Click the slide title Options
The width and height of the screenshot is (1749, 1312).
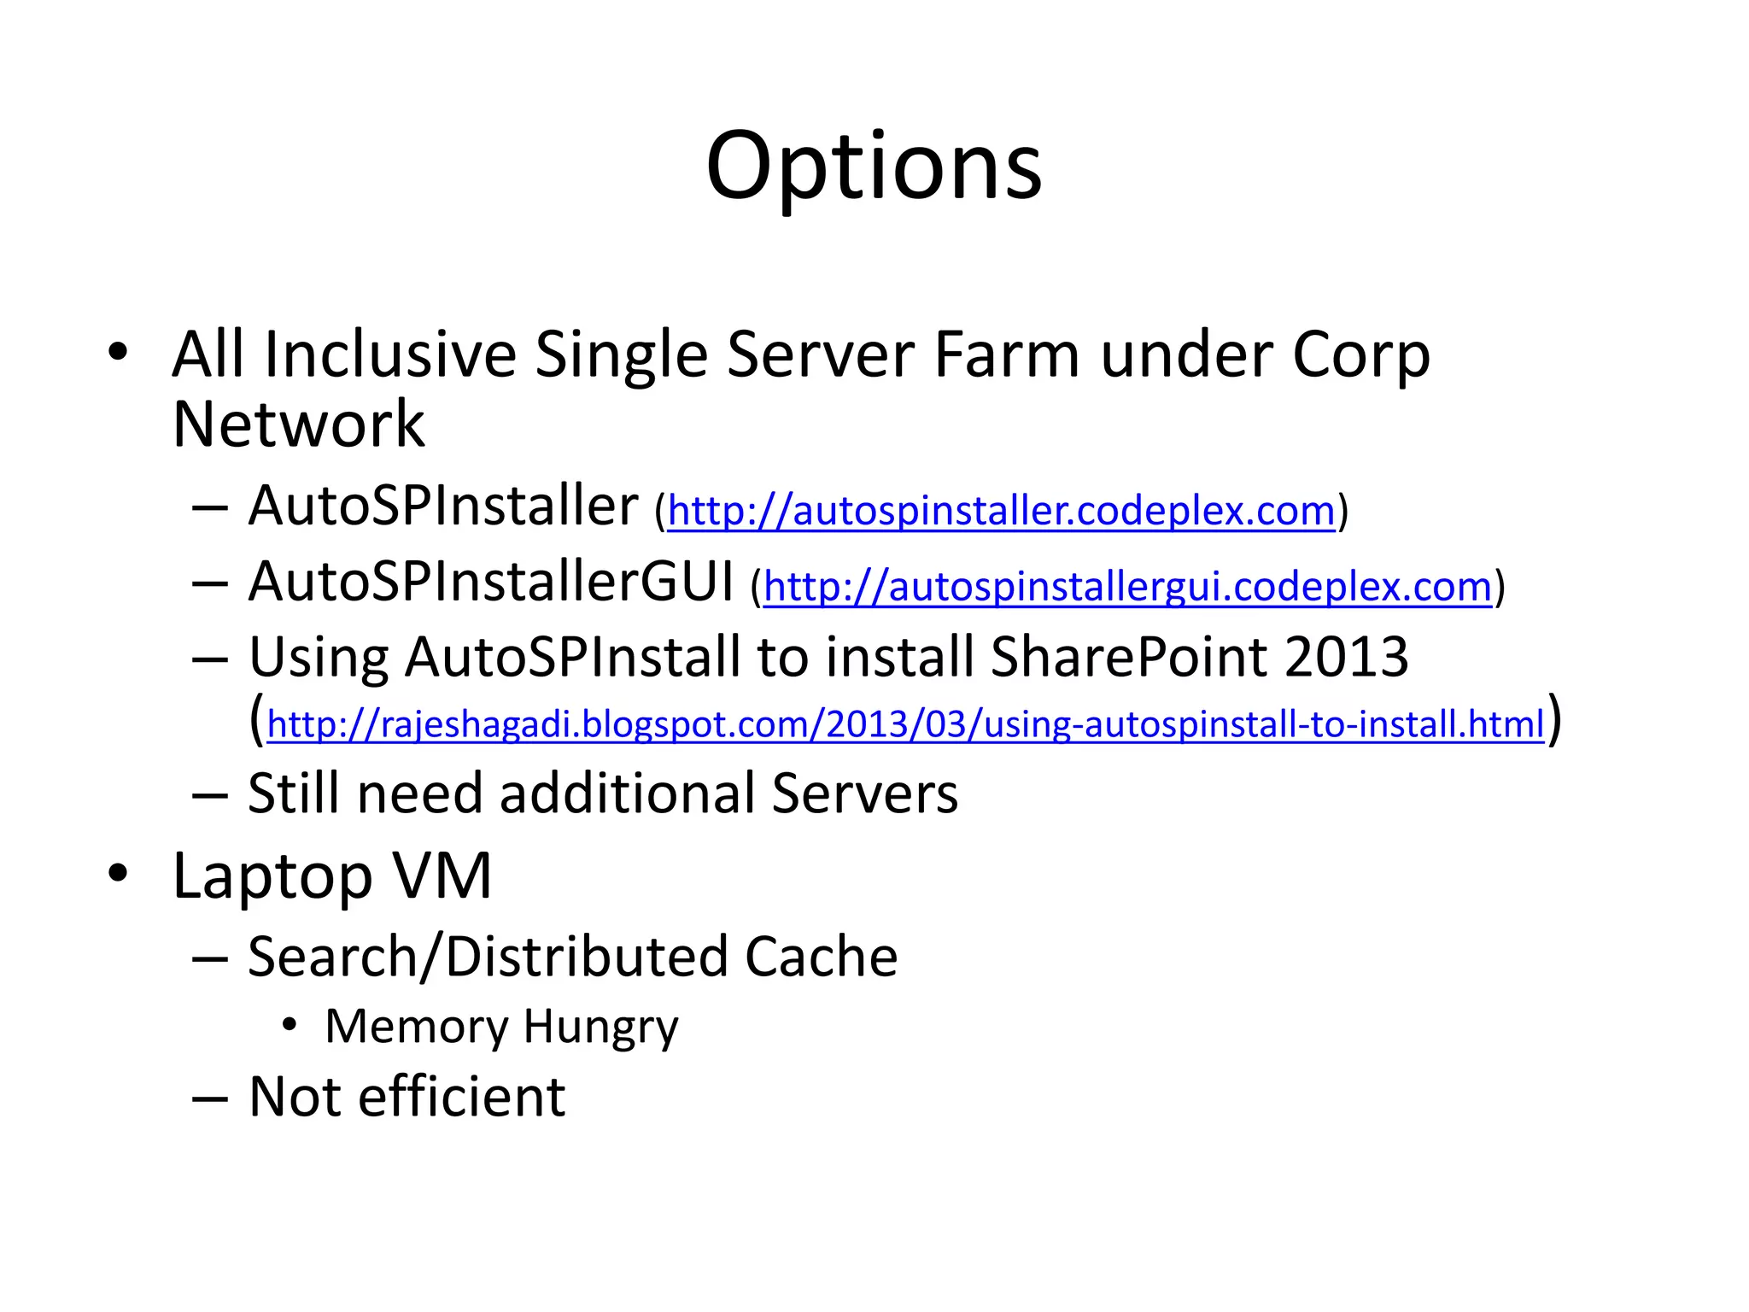click(x=874, y=167)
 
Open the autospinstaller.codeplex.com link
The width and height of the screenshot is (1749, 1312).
click(x=1001, y=512)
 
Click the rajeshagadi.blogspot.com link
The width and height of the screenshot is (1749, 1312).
click(x=905, y=724)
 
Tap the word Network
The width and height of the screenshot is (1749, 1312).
click(x=298, y=425)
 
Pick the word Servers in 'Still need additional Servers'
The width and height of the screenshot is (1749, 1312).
click(x=864, y=794)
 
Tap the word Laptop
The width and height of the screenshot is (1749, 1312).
click(x=272, y=877)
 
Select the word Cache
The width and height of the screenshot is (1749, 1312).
click(x=821, y=957)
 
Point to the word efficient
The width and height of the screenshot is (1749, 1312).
click(x=461, y=1097)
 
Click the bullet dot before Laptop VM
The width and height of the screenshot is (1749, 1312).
click(x=118, y=874)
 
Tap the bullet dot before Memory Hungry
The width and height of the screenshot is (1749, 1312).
click(x=290, y=1024)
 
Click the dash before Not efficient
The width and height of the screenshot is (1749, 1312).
click(x=210, y=1098)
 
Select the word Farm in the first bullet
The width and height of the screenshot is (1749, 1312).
click(x=1006, y=355)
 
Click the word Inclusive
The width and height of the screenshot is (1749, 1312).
click(x=390, y=355)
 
